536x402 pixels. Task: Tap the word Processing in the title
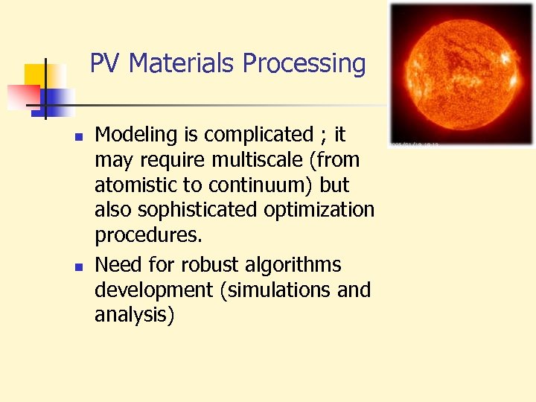304,63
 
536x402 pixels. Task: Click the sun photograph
462,74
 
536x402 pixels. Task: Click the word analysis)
135,316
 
